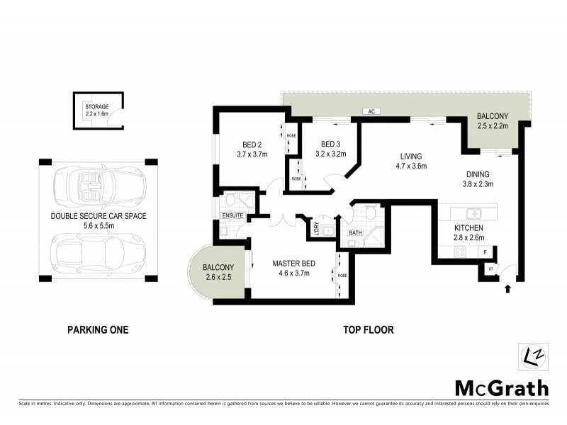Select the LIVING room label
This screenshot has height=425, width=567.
point(411,157)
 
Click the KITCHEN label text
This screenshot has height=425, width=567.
point(468,228)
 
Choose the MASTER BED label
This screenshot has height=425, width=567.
point(293,264)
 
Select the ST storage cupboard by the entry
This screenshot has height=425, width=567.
point(490,269)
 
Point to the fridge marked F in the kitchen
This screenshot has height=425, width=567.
point(485,252)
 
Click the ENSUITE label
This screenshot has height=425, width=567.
point(232,215)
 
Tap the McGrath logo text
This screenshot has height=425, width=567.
point(501,387)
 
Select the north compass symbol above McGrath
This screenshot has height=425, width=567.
point(532,355)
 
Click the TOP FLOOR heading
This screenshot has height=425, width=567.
point(368,329)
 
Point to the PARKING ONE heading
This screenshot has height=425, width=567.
point(98,329)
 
